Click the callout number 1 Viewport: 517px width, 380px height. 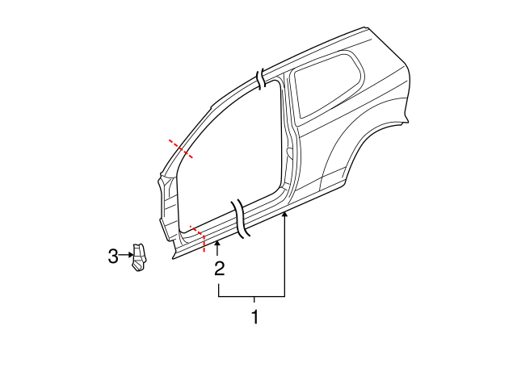254,317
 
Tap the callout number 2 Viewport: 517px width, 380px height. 219,269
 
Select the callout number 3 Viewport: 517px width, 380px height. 112,257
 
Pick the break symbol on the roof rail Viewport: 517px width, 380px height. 261,78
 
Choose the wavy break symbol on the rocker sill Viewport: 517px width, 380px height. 242,219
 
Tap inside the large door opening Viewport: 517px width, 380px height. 234,153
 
